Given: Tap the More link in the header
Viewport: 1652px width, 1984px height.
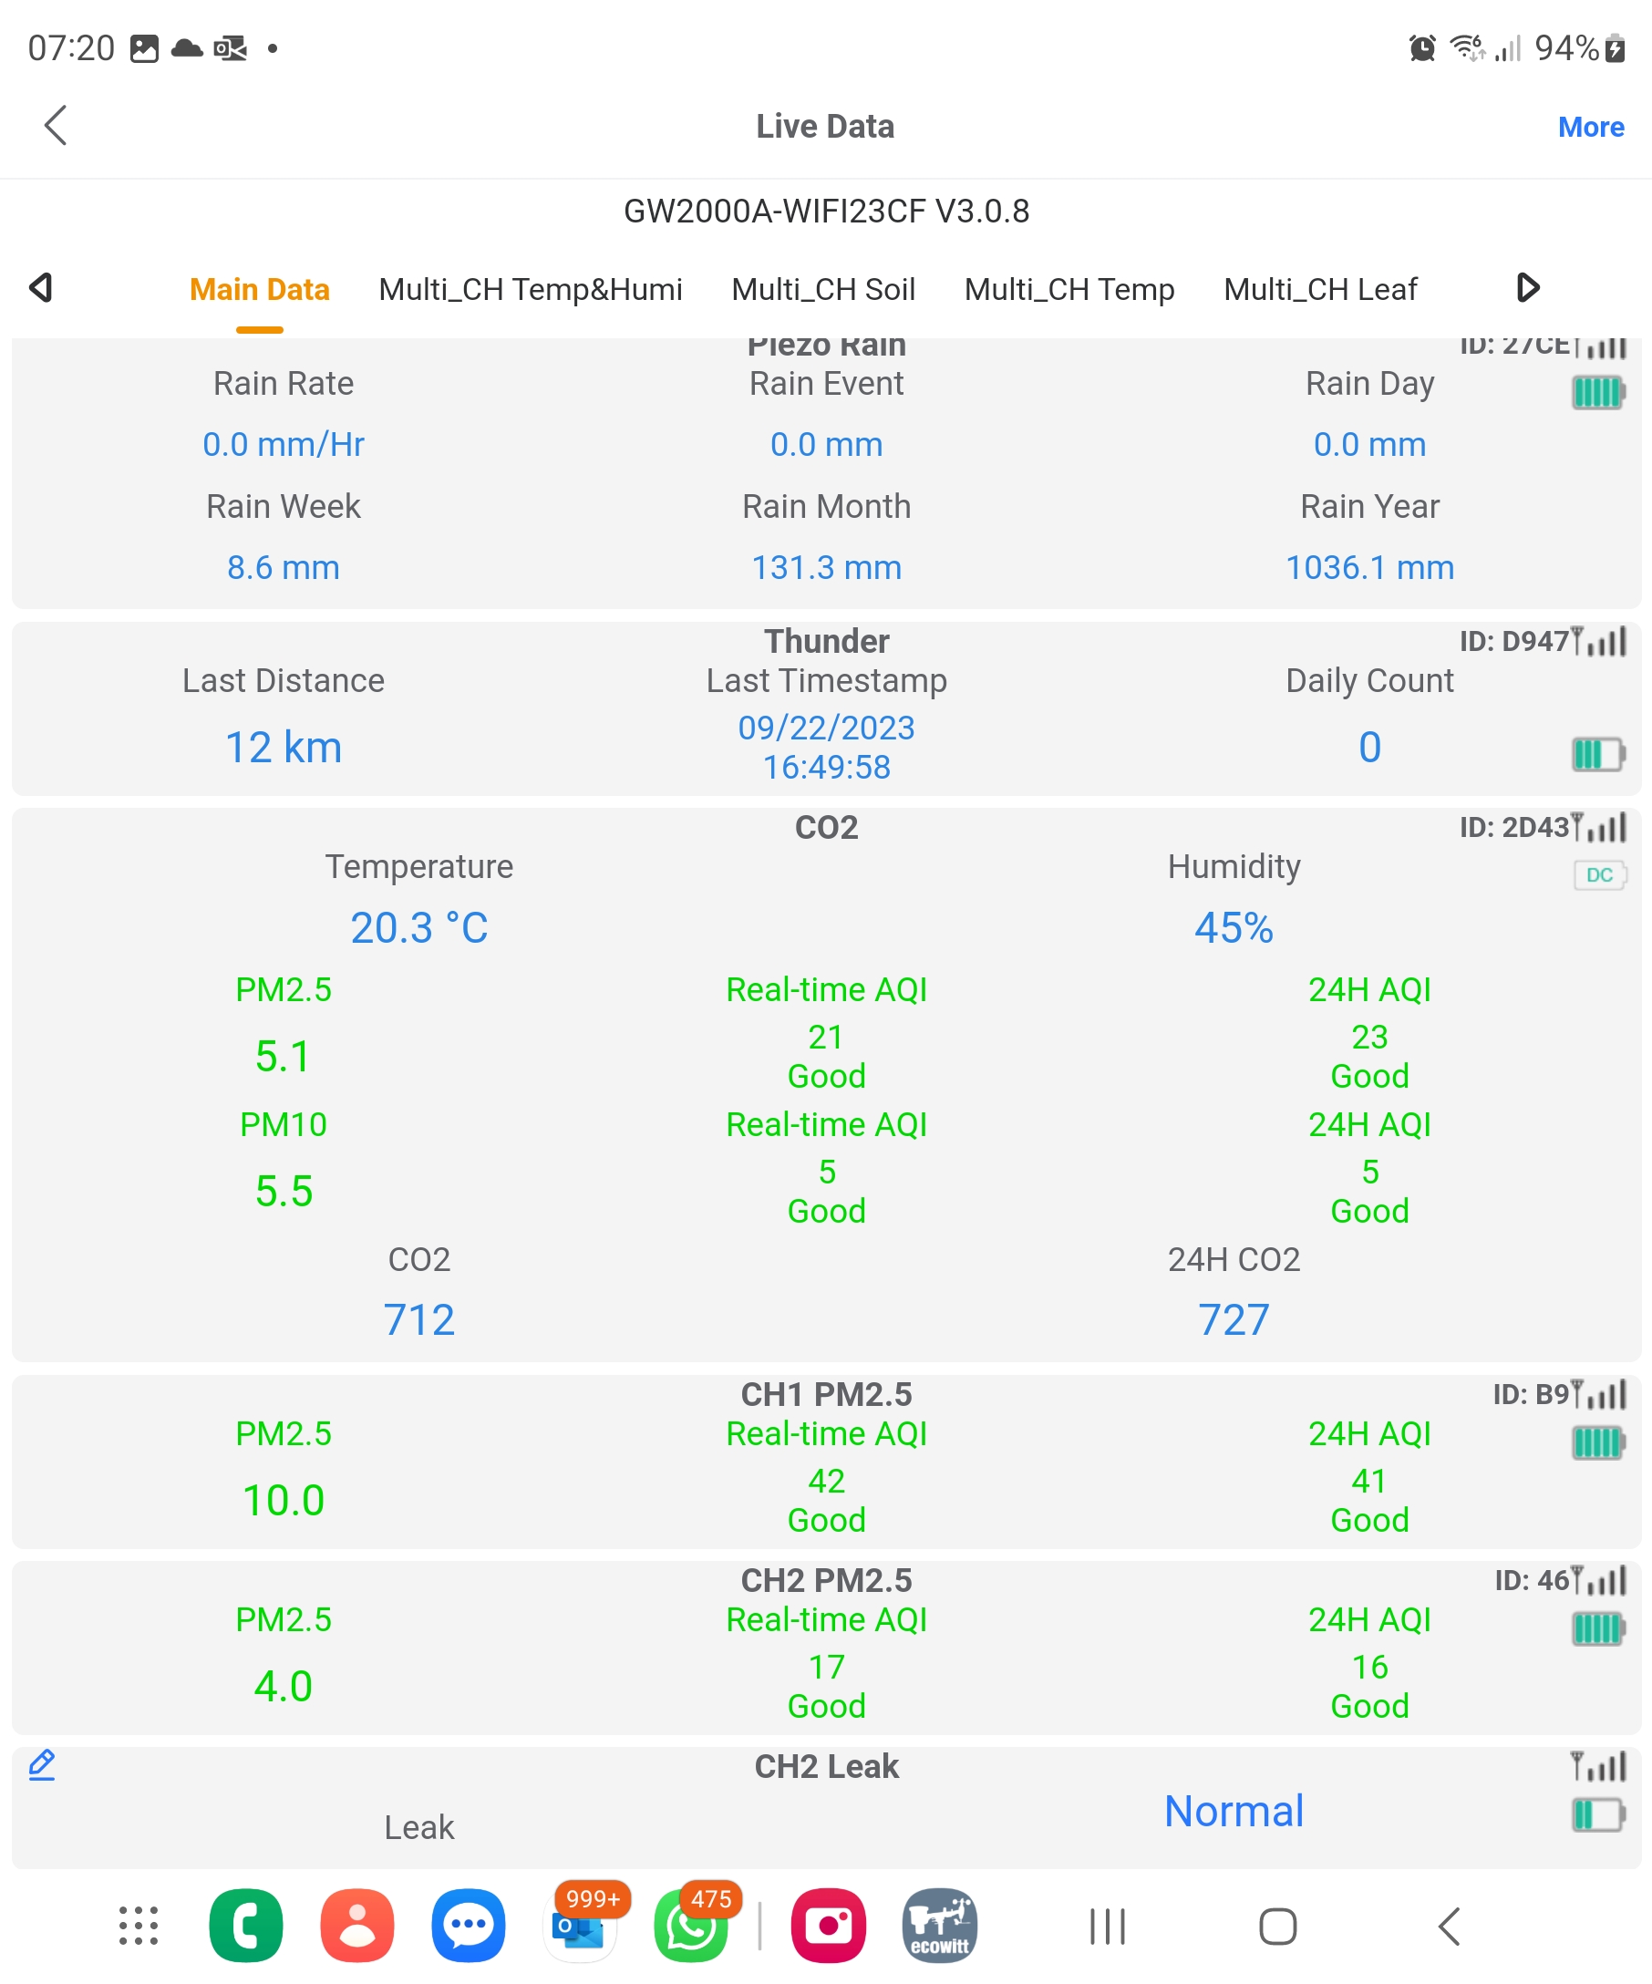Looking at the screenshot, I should [1590, 127].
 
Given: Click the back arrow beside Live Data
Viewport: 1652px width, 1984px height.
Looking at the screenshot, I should [56, 125].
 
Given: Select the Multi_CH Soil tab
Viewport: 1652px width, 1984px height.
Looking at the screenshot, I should [822, 289].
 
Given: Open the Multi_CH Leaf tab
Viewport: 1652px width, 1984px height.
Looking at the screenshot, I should [1319, 289].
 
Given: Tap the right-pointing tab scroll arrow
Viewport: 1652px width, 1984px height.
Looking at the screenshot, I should [1527, 287].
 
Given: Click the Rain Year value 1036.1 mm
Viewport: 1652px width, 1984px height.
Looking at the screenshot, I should [1368, 567].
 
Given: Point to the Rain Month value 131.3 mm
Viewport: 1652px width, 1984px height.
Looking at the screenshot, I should [825, 567].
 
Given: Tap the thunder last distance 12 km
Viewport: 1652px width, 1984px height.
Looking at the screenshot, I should [283, 748].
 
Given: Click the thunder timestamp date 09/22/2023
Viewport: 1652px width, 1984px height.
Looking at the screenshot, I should [825, 728].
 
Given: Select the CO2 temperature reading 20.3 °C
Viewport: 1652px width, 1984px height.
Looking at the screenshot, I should [418, 928].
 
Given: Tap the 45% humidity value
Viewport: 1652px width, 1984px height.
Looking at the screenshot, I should [1233, 928].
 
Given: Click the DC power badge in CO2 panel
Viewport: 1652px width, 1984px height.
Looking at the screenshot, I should [1598, 875].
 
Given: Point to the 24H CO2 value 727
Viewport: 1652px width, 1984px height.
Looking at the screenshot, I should [1233, 1320].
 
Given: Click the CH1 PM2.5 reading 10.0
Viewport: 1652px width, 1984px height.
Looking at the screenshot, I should [283, 1500].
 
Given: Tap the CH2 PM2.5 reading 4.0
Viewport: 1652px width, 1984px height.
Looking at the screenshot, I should [283, 1687].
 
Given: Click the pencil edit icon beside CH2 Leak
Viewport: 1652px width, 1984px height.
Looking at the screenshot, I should [42, 1765].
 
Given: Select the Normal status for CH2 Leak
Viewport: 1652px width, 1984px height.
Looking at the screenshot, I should [1233, 1811].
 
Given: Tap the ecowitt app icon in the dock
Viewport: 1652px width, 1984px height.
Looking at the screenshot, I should [939, 1926].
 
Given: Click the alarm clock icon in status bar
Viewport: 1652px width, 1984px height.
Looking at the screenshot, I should [1421, 47].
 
